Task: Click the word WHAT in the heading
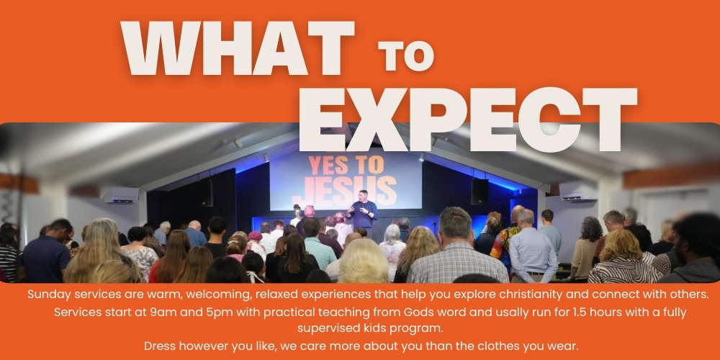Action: [x=237, y=48]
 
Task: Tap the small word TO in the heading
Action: [x=406, y=56]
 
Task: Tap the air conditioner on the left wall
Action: [x=120, y=194]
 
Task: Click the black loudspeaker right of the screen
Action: [x=480, y=192]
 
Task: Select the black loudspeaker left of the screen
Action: [x=207, y=192]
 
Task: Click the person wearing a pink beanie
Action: [x=256, y=243]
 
